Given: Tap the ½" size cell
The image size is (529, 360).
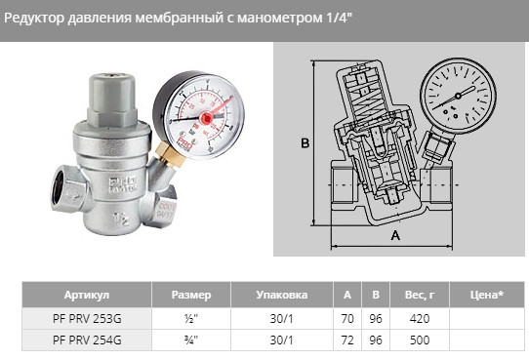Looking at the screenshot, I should click(x=190, y=318).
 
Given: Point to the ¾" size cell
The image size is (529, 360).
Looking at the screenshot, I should click(x=190, y=340).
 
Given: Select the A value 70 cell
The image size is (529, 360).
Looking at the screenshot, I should click(x=347, y=318).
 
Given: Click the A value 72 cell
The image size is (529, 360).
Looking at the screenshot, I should click(x=347, y=340).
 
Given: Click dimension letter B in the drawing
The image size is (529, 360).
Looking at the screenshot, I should click(x=305, y=143).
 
